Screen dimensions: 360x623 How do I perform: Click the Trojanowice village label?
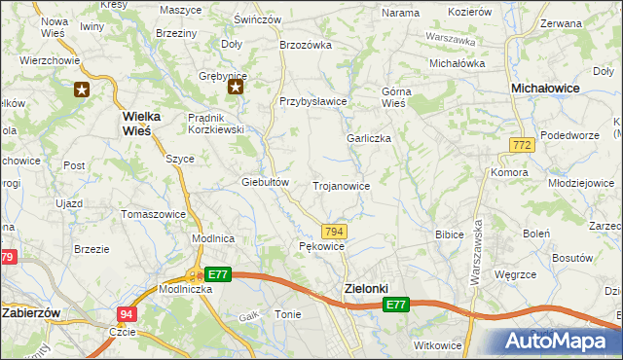point(340,185)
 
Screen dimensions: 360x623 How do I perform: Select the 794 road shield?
point(334,231)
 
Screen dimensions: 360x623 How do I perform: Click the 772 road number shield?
point(521,145)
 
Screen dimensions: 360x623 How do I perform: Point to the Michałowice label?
point(546,89)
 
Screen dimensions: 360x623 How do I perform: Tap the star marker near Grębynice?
point(236,88)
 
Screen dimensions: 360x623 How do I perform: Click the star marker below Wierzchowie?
point(82,90)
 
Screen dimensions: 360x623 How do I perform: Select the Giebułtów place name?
point(266,182)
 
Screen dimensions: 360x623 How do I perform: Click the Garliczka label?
point(369,138)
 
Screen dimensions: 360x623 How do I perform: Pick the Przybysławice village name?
point(313,100)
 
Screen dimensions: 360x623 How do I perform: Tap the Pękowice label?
point(321,247)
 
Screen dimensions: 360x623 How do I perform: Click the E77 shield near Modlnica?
point(218,274)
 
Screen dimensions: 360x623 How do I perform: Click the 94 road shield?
point(127,314)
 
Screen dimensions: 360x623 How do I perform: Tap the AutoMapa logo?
point(559,341)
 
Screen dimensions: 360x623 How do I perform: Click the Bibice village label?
point(449,234)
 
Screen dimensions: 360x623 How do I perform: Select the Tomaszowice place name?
point(152,213)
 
